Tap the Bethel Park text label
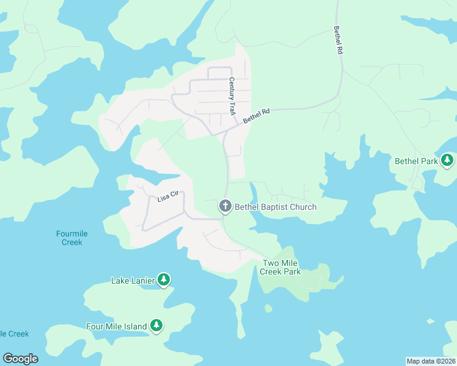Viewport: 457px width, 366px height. (417, 162)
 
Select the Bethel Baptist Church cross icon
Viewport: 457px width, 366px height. (225, 207)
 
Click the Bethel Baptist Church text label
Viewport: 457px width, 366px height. (276, 207)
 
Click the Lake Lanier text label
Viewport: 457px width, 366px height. (132, 281)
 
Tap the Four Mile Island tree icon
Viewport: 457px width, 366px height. (156, 326)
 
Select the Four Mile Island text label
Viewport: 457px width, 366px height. (117, 326)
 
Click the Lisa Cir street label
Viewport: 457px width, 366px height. (167, 196)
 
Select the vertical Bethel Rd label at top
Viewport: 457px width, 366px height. (337, 41)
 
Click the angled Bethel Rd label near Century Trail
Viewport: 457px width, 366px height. (256, 116)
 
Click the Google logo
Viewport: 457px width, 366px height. (20, 359)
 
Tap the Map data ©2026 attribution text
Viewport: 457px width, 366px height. (430, 361)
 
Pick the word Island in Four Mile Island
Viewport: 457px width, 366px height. (135, 326)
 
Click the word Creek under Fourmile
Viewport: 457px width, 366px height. (71, 242)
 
